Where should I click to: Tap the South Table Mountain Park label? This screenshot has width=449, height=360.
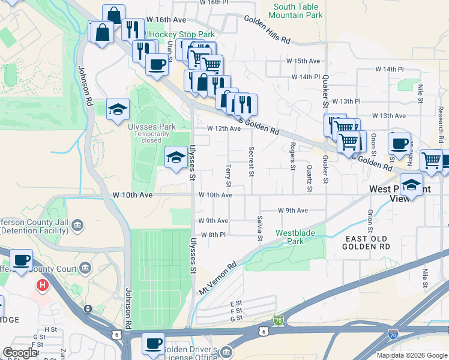[298, 11]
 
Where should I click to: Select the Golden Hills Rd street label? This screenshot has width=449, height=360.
[267, 29]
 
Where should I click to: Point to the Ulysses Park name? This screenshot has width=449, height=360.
[151, 127]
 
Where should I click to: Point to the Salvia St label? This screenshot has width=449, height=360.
[260, 229]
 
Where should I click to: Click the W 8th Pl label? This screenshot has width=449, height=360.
[213, 235]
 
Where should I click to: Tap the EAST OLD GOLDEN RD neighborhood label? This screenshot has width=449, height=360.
[367, 242]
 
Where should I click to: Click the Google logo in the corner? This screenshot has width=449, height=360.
[19, 352]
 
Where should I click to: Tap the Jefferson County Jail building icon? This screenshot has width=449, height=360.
[77, 226]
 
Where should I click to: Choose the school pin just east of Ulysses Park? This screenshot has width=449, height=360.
[175, 158]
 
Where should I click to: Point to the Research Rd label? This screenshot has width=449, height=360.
[440, 120]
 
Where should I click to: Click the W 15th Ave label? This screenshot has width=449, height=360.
[303, 61]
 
